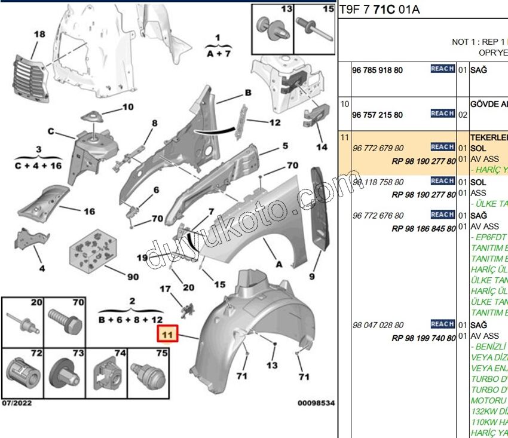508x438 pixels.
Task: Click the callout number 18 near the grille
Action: click(39, 35)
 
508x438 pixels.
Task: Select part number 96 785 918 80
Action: click(377, 70)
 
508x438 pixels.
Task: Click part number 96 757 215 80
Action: click(377, 115)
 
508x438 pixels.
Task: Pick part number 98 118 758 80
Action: click(378, 182)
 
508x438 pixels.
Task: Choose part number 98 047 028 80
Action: click(378, 325)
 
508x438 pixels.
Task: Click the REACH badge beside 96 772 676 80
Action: click(442, 215)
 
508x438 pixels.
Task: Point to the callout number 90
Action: click(133, 277)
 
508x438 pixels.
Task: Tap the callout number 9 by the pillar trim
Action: click(311, 276)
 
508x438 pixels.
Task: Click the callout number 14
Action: click(322, 147)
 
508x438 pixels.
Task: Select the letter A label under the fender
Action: click(278, 261)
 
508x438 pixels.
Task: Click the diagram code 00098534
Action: click(316, 403)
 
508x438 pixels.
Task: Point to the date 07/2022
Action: click(17, 403)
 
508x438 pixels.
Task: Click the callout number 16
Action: click(88, 212)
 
